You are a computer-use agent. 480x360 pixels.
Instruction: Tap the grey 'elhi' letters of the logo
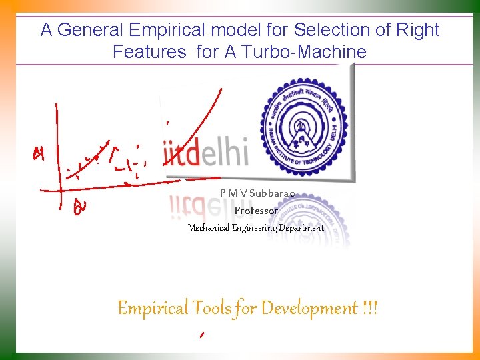point(224,153)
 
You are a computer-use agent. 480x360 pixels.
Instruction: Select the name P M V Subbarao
point(257,193)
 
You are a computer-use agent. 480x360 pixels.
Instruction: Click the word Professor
point(256,211)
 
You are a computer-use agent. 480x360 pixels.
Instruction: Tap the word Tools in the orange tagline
point(211,309)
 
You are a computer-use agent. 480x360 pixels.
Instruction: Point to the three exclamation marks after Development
point(370,309)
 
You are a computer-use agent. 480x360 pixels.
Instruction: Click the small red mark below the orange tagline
point(201,335)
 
